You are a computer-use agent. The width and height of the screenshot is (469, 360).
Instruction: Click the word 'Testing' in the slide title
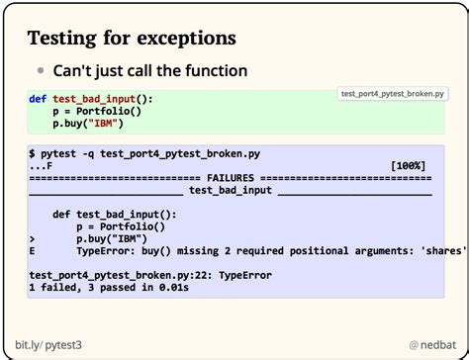click(x=60, y=39)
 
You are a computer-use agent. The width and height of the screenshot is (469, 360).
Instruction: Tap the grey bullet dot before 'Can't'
click(x=41, y=72)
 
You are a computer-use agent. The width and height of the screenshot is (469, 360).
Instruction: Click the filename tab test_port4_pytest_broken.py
click(x=392, y=94)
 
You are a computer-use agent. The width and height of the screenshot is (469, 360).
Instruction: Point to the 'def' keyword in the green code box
click(x=37, y=100)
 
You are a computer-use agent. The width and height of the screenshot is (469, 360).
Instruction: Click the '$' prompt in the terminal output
click(x=33, y=154)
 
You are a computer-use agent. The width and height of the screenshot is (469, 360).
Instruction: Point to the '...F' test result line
click(x=42, y=166)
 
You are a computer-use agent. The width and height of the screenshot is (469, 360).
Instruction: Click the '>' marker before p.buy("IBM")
click(x=33, y=238)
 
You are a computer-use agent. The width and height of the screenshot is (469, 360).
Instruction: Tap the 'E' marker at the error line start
click(x=33, y=250)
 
